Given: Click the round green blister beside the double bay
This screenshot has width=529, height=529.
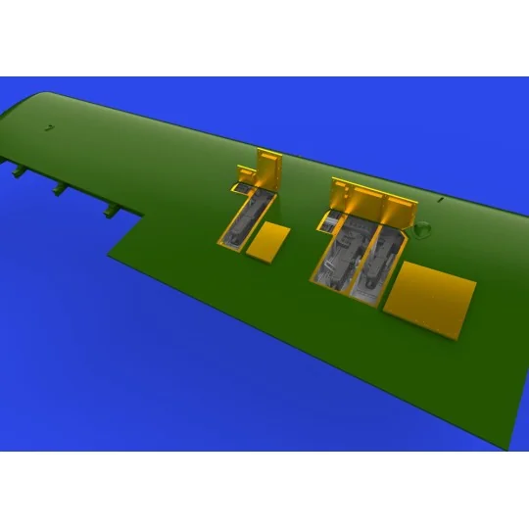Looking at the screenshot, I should (422, 231).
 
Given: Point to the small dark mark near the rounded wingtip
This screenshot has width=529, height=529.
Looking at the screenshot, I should (46, 126).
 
